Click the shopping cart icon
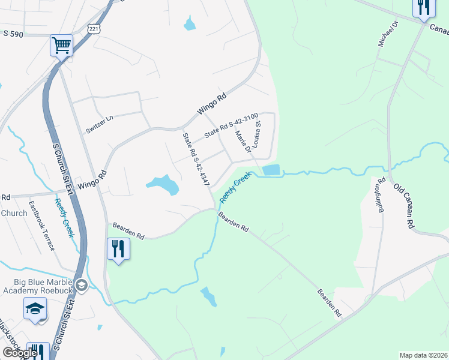[61, 45]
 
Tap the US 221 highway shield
[92, 29]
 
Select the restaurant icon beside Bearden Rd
[118, 248]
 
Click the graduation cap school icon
[35, 309]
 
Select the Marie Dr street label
[244, 142]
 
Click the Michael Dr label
[388, 34]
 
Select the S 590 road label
[13, 34]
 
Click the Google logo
[20, 353]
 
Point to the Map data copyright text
[423, 355]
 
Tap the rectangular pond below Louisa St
[271, 170]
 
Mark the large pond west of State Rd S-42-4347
[163, 184]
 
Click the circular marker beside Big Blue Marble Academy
[83, 285]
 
